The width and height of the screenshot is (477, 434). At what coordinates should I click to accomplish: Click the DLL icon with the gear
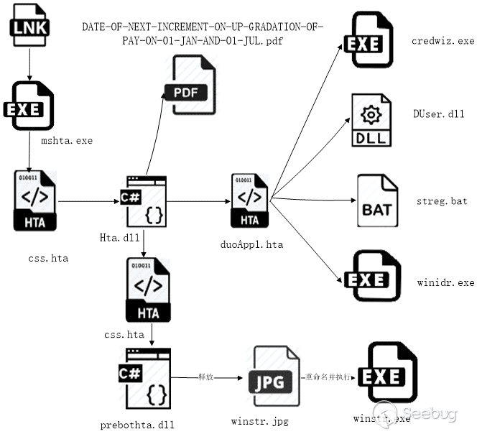371,121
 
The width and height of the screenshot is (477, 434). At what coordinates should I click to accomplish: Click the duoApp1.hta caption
251,244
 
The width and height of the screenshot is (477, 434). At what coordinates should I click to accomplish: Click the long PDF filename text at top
203,33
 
